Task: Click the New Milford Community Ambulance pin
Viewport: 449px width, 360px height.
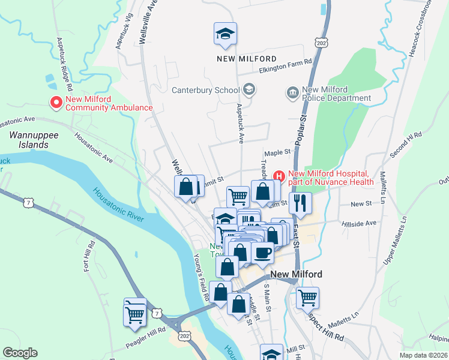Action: (56, 103)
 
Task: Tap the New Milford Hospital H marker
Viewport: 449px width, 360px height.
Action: (279, 175)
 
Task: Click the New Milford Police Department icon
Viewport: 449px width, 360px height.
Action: (293, 92)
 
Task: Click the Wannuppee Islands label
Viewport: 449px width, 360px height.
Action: (34, 140)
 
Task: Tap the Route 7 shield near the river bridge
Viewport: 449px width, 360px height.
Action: (157, 313)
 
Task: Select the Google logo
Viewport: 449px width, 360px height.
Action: (20, 353)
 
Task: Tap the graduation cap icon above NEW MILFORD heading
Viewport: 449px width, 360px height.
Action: (226, 34)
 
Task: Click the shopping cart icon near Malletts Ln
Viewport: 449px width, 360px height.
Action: (307, 297)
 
